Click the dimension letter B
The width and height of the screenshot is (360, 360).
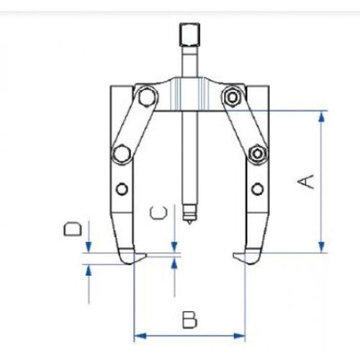pyautogui.click(x=189, y=319)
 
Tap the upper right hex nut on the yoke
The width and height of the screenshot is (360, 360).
pyautogui.click(x=231, y=96)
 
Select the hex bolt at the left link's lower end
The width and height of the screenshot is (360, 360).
pyautogui.click(x=121, y=153)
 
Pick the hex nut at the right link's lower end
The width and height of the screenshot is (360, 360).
pyautogui.click(x=255, y=153)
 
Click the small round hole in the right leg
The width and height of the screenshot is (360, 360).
pyautogui.click(x=256, y=189)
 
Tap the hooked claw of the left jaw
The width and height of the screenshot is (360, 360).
pyautogui.click(x=132, y=256)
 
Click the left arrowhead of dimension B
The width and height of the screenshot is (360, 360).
pyautogui.click(x=138, y=336)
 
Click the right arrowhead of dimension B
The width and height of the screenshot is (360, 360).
pyautogui.click(x=240, y=336)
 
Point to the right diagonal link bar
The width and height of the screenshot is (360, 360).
pyautogui.click(x=243, y=124)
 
